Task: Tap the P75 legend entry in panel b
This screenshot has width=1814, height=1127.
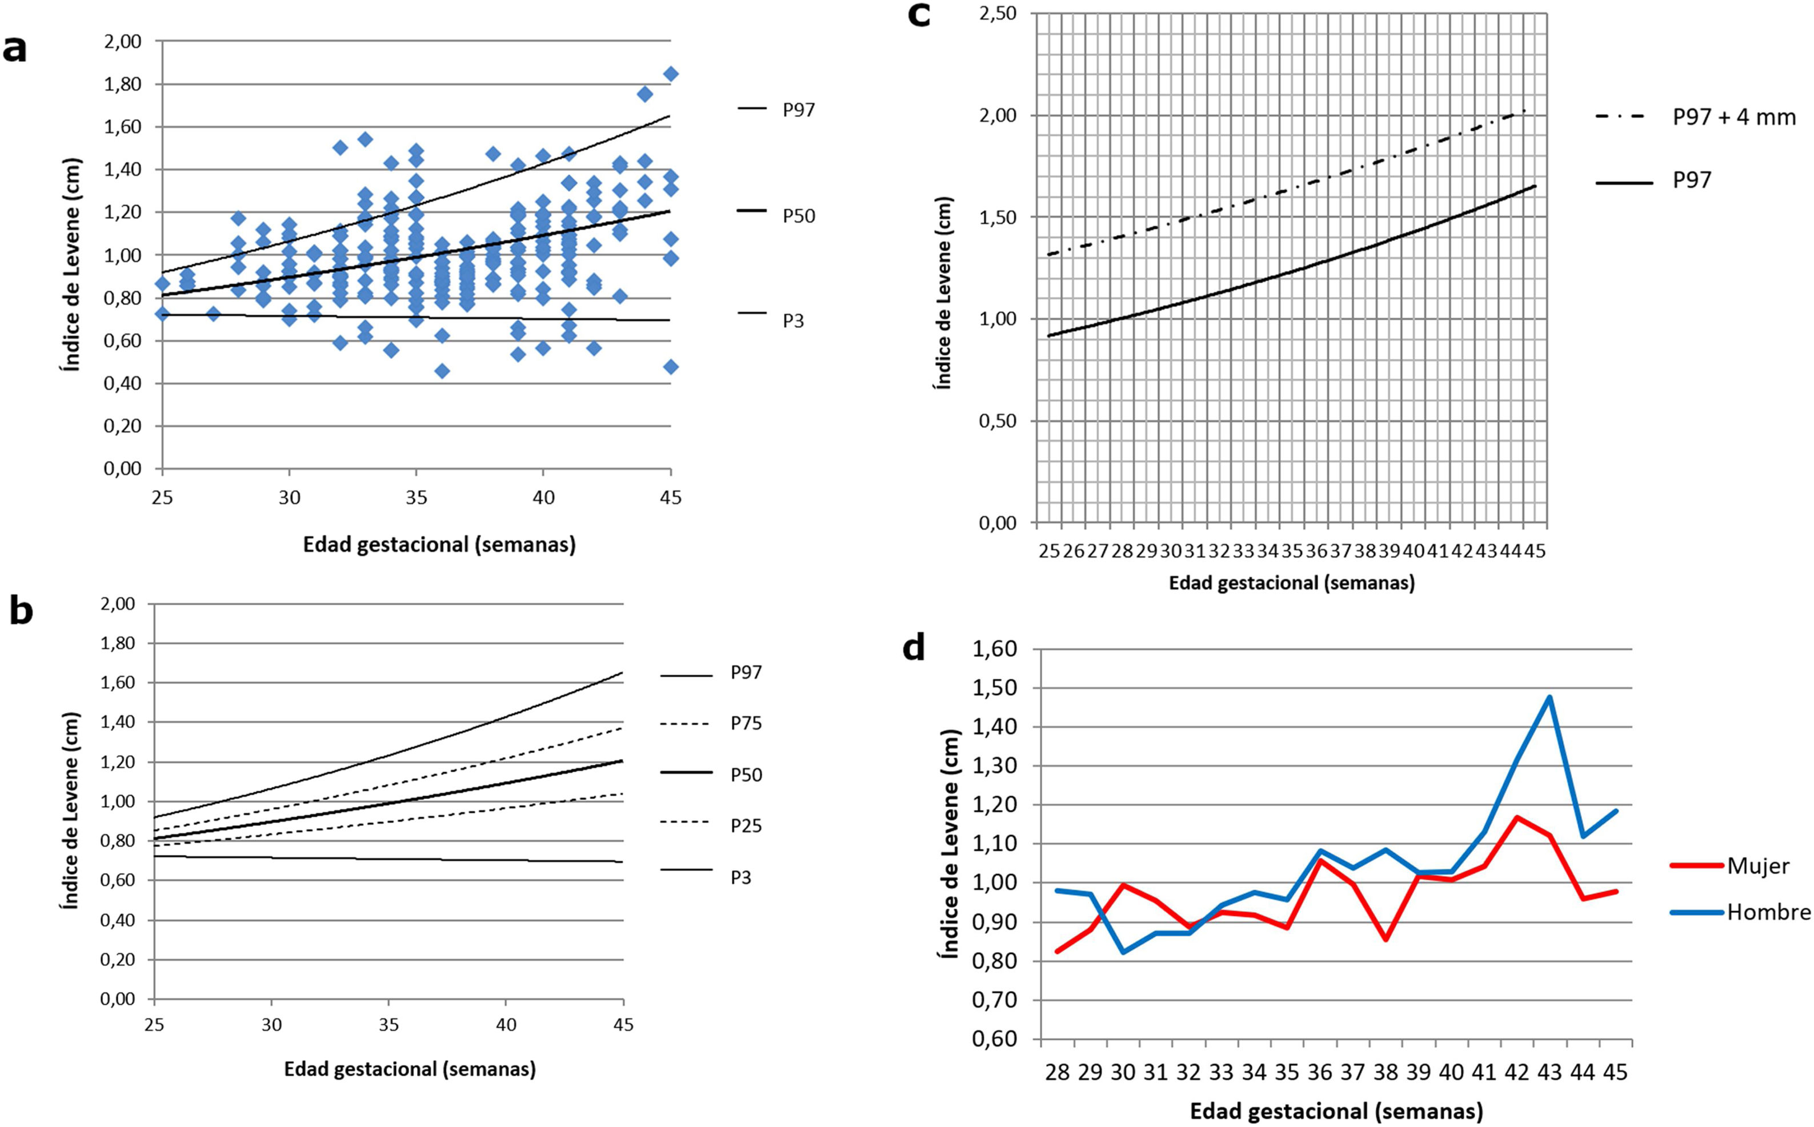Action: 746,723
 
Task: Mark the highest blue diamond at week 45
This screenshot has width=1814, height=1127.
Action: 670,74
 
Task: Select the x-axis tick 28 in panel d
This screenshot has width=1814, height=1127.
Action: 1057,1073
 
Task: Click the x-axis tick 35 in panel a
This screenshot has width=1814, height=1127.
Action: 416,498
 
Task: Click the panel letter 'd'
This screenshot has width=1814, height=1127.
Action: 914,648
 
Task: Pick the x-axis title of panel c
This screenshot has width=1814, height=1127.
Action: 1291,582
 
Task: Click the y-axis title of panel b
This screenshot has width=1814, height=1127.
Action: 69,802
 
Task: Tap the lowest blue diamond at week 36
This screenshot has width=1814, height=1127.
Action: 442,371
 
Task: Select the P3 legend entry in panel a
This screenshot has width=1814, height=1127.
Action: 792,320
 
